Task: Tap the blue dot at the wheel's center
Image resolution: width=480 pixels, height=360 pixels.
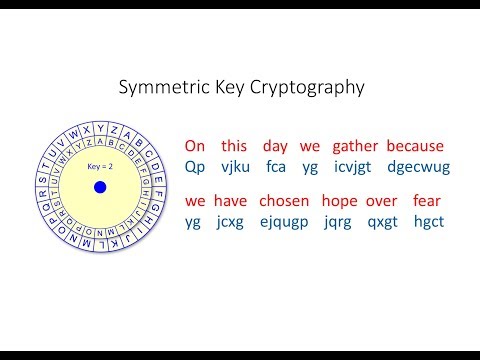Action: point(100,187)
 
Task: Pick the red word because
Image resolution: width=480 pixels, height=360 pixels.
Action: point(415,146)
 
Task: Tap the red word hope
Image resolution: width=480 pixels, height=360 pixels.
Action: point(342,201)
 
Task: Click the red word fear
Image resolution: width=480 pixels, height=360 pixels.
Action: point(427,201)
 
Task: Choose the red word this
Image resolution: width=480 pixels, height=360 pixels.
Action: point(234,146)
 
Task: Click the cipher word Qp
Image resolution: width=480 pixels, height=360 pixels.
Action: point(196,166)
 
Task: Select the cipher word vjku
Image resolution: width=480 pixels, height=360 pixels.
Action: point(234,166)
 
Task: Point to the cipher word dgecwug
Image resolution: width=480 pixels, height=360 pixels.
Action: point(418,166)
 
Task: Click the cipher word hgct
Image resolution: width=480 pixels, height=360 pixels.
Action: point(427,221)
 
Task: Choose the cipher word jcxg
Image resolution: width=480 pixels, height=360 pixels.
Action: point(232,222)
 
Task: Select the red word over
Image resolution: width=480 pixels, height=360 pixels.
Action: point(382,201)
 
